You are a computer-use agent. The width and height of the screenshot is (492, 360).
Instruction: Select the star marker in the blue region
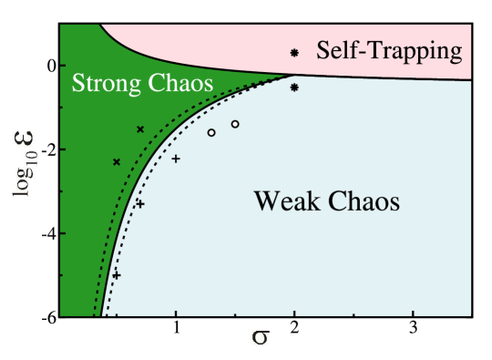294,87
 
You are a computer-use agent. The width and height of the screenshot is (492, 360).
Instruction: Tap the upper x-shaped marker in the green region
140,129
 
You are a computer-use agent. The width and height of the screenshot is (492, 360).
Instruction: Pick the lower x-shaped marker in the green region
117,162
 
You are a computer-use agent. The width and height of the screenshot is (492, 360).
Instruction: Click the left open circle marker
211,133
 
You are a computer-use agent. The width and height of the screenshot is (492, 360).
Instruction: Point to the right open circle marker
235,124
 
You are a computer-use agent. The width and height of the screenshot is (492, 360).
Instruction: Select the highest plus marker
176,159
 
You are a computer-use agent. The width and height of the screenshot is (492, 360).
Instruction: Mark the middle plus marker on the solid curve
139,204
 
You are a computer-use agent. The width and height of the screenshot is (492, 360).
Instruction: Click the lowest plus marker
116,274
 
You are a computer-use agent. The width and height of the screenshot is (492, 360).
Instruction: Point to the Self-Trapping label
389,51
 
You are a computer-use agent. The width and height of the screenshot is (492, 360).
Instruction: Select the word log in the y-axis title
25,187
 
